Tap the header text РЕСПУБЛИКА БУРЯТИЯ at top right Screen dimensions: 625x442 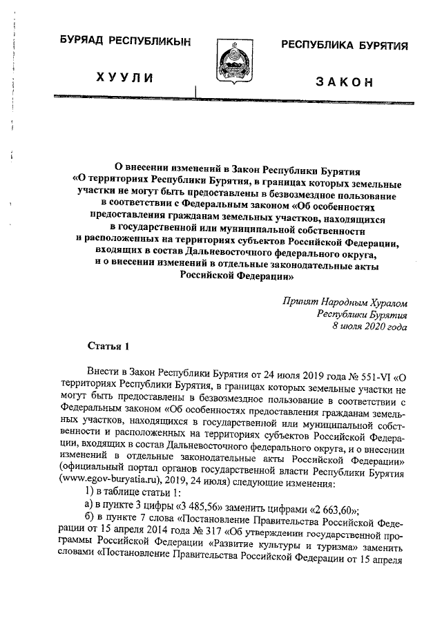(x=343, y=46)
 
